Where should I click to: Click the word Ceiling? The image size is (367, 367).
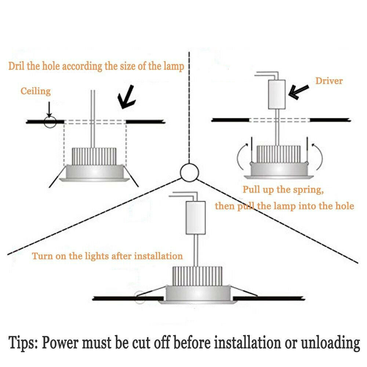click(36, 91)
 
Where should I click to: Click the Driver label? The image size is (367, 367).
click(329, 81)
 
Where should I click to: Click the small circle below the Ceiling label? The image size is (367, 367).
click(50, 122)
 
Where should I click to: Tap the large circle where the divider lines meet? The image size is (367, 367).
click(189, 172)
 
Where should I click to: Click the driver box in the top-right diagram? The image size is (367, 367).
click(277, 94)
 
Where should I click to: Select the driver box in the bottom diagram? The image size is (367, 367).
click(196, 218)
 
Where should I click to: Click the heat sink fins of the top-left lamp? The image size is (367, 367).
click(94, 156)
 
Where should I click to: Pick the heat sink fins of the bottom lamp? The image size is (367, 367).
click(197, 276)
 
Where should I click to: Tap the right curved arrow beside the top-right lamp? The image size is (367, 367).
click(317, 156)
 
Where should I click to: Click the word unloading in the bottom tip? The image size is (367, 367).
click(330, 343)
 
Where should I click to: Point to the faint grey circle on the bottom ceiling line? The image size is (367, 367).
click(140, 297)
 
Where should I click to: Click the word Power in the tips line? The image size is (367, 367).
click(60, 342)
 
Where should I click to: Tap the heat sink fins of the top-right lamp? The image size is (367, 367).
click(279, 154)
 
